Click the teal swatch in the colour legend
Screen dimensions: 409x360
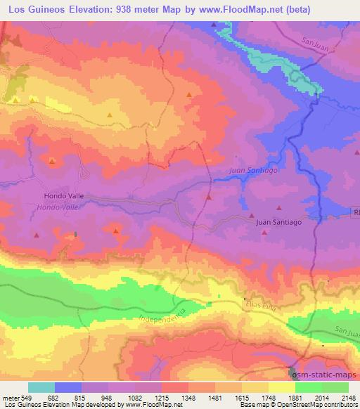click(41, 387)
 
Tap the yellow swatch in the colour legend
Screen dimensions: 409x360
click(282, 387)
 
